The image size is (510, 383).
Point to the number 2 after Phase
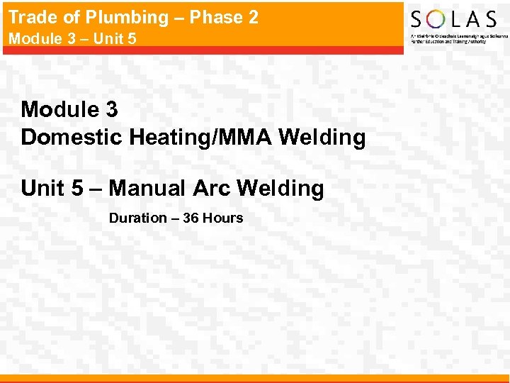coord(252,17)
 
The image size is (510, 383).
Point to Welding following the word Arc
coord(280,189)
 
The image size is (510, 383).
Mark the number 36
coord(191,218)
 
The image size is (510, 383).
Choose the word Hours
coord(222,218)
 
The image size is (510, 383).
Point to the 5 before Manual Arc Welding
coord(77,188)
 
